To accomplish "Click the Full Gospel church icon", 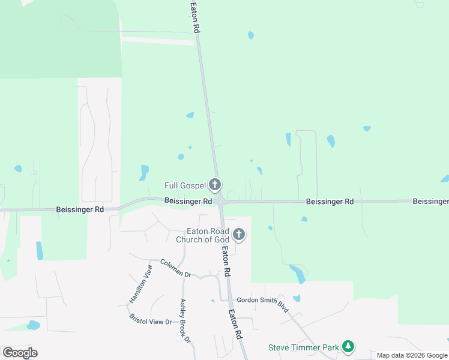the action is tap(215, 185).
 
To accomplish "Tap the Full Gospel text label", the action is tap(185, 185).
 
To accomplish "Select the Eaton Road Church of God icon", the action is tap(239, 234).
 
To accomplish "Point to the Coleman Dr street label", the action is tap(175, 268).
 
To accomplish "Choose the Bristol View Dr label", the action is tap(151, 320).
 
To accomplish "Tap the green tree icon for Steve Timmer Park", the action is tap(348, 346).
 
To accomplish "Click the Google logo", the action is tap(20, 353).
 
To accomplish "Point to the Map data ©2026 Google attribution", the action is tap(412, 355).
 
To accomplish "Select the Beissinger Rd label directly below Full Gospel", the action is tap(188, 201).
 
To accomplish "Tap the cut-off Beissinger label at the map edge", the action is tap(430, 202).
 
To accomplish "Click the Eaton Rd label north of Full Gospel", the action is tap(194, 16).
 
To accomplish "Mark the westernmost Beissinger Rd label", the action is tap(80, 209).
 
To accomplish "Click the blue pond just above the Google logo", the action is tap(34, 325).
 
